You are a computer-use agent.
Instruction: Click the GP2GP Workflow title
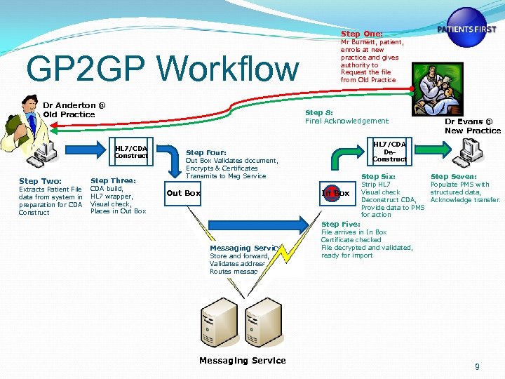[161, 69]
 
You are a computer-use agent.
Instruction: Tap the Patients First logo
[466, 28]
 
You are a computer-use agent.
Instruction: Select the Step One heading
[362, 34]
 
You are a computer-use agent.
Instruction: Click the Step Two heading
[40, 182]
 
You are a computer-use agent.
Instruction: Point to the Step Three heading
[113, 181]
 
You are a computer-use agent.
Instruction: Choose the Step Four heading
[206, 152]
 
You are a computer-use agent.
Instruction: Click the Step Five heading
[340, 225]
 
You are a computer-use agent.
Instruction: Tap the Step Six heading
[378, 177]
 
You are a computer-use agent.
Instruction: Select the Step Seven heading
[453, 177]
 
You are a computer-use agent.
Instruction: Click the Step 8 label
[318, 113]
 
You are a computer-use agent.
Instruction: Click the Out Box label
[183, 193]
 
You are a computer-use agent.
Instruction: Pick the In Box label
[336, 193]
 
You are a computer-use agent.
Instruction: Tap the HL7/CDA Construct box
[131, 152]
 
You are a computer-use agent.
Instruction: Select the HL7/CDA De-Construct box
[389, 151]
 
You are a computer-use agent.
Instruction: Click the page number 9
[477, 366]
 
